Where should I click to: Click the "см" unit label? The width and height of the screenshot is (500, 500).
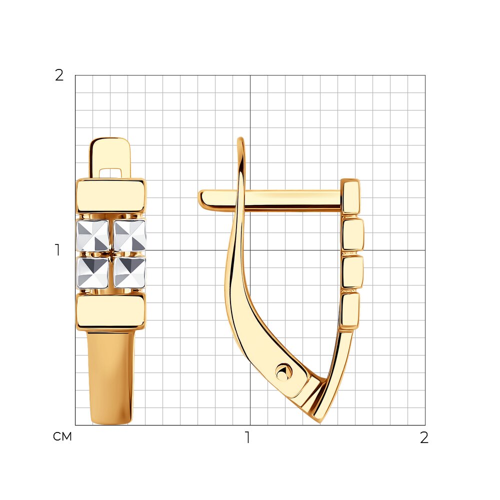point(62,436)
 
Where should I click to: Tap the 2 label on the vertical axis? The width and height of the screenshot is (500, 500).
point(59,75)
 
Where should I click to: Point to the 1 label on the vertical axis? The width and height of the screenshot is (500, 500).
point(57,250)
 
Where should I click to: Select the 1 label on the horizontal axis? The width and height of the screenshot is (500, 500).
point(247,437)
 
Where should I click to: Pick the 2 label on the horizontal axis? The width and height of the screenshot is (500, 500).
point(424,437)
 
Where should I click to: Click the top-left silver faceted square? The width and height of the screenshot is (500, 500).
point(93,235)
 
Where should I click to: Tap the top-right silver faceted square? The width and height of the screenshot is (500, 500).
point(130,235)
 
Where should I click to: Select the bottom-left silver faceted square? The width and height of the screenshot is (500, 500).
point(93,272)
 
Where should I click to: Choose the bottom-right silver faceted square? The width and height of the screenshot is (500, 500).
point(130,272)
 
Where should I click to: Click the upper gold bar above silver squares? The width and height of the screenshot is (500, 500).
point(111,196)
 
